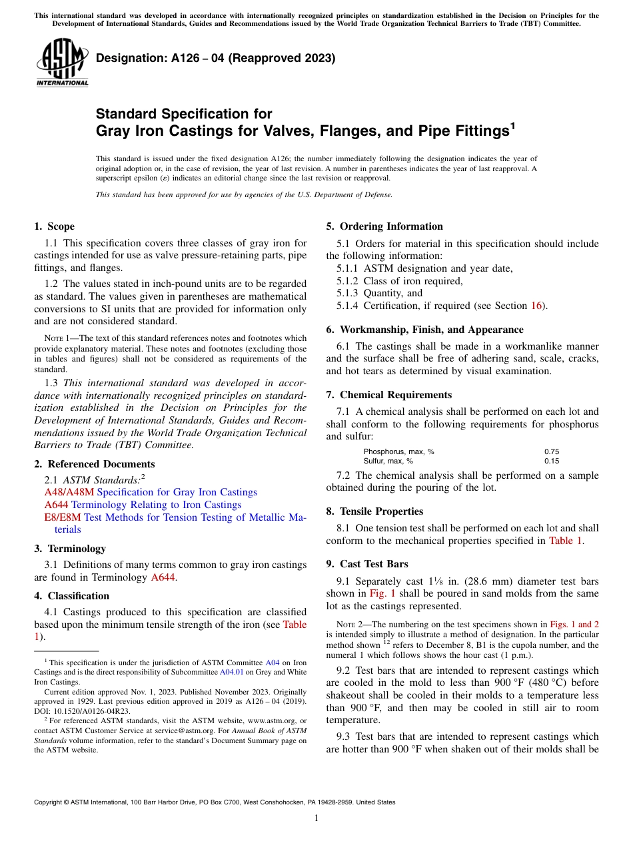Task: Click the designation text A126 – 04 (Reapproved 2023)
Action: click(x=215, y=59)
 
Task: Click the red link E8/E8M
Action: click(x=62, y=517)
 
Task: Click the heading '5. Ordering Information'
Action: click(x=384, y=226)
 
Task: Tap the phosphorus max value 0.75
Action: click(x=552, y=451)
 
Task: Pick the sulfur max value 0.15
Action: click(x=552, y=461)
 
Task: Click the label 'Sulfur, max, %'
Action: click(x=388, y=461)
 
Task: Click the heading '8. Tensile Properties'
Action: click(x=374, y=511)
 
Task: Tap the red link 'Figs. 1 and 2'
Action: click(x=574, y=625)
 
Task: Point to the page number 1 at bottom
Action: click(x=316, y=818)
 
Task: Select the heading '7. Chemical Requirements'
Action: click(x=388, y=395)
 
